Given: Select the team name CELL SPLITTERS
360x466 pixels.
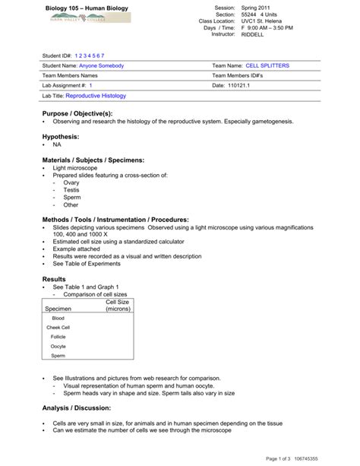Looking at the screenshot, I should (262, 66).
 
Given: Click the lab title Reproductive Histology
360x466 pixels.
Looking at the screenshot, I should (96, 97).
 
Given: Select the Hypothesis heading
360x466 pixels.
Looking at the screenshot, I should (61, 135).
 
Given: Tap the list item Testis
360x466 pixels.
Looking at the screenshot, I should (71, 190).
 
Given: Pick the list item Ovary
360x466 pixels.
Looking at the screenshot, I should (71, 182).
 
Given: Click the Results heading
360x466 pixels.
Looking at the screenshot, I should (55, 280).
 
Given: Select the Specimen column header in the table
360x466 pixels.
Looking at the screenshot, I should (58, 309).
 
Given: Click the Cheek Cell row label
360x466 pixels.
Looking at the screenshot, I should (61, 327).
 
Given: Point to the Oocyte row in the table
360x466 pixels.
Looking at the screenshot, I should (58, 346).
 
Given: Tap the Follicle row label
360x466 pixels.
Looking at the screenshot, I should (58, 336).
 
